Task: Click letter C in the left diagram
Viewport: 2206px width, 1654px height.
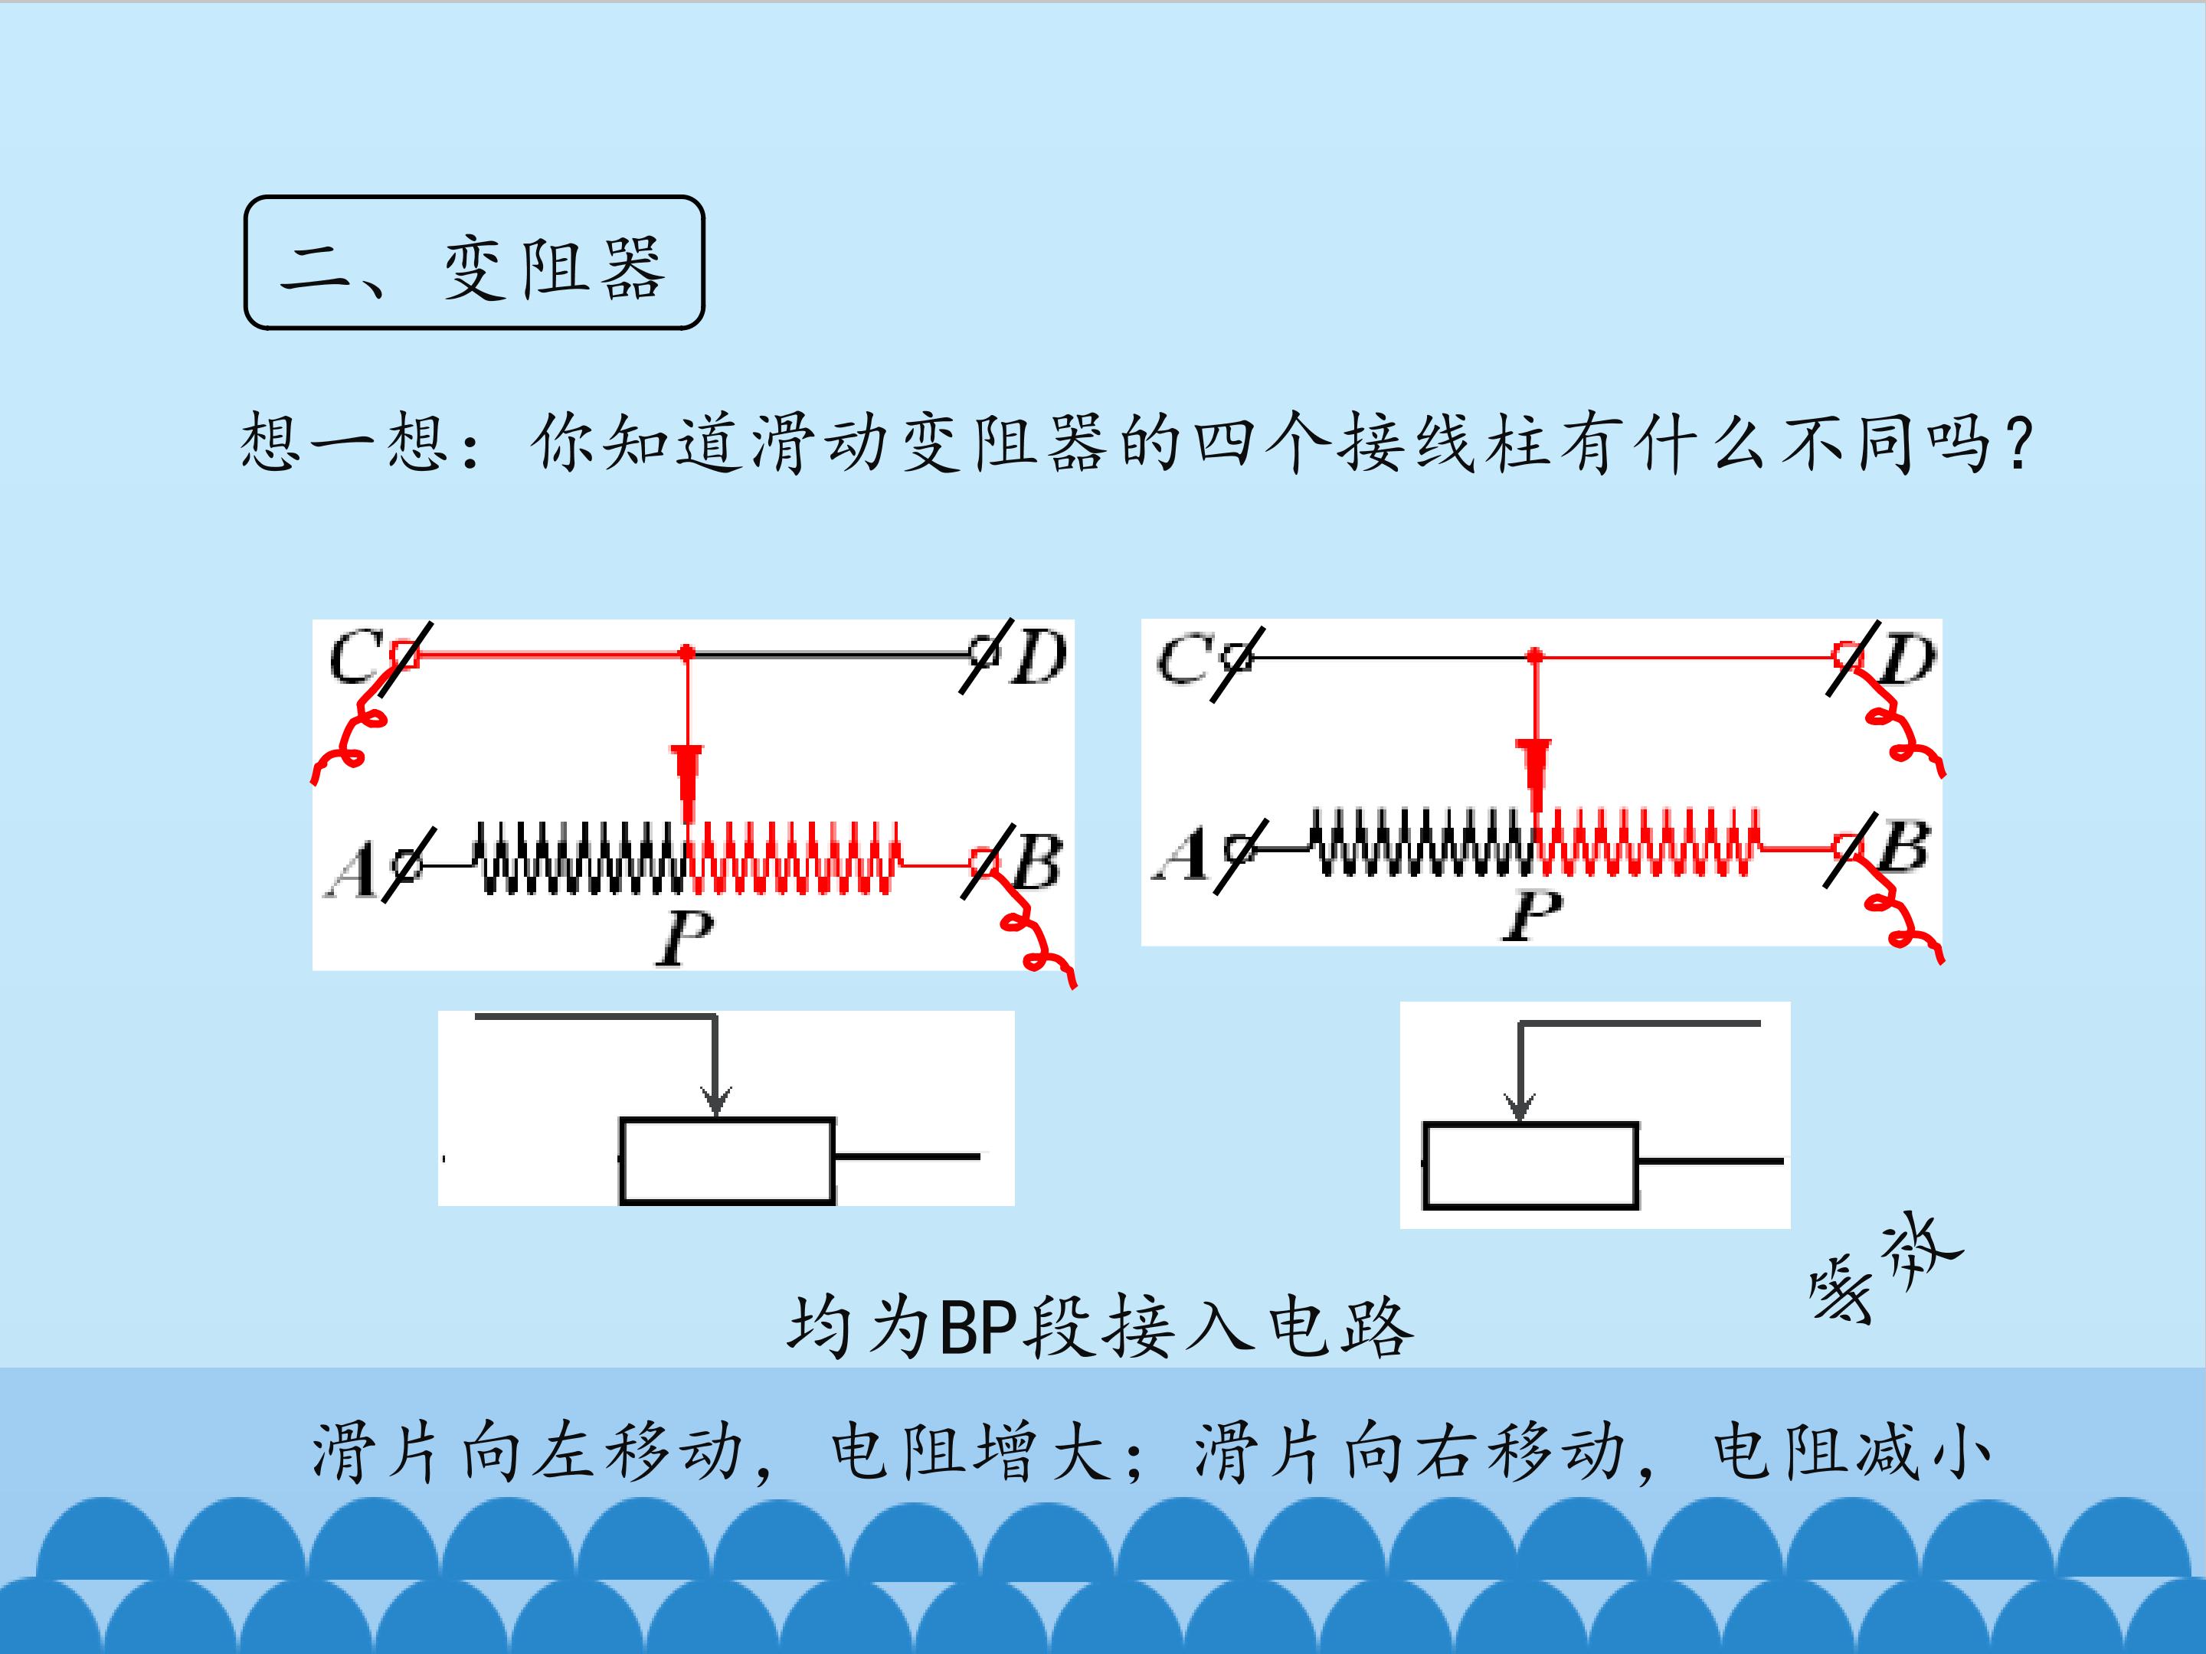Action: tap(354, 656)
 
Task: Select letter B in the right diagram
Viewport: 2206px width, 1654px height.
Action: tap(1903, 848)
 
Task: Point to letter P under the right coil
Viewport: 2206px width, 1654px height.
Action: tap(1532, 914)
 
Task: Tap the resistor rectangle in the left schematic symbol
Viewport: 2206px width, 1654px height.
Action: tap(727, 1161)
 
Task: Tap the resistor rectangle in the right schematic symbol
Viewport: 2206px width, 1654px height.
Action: tap(1530, 1165)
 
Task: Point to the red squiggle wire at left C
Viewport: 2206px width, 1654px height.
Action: tap(349, 737)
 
